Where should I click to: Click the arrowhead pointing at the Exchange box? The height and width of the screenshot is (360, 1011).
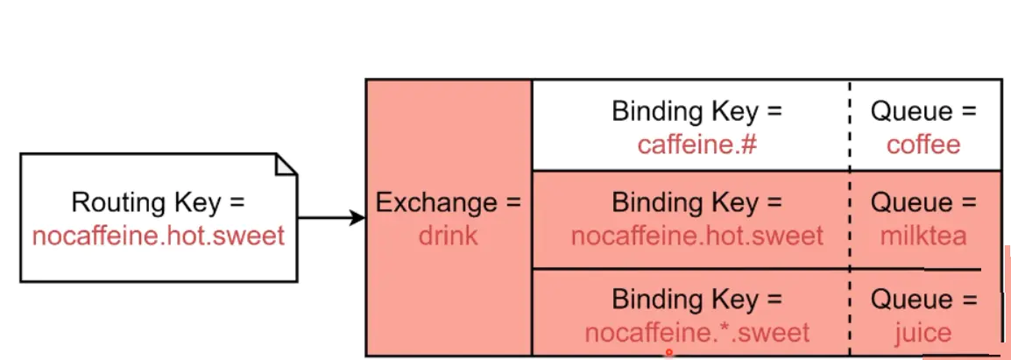357,218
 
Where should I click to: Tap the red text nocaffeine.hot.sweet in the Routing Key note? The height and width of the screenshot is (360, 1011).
159,236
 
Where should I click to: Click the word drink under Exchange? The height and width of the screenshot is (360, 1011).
448,236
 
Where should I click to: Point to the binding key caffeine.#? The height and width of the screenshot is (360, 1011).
696,144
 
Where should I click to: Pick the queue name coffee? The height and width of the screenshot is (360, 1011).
923,144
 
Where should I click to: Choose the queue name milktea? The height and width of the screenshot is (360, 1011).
923,236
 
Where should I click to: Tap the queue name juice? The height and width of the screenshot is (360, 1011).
923,333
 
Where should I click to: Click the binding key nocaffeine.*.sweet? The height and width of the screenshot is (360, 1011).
696,333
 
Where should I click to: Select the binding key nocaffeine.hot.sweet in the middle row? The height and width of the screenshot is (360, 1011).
697,236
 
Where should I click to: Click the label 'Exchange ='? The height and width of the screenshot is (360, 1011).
448,203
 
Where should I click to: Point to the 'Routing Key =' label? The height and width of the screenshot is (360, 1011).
159,203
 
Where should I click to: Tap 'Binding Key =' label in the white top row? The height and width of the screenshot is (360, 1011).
697,111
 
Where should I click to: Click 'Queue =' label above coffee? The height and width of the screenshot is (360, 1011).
923,111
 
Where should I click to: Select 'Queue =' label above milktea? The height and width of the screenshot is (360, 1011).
923,203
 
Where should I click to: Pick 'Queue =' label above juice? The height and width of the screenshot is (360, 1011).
923,300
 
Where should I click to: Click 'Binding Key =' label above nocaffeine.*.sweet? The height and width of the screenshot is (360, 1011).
697,300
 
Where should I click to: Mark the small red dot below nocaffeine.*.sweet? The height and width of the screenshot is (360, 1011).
669,352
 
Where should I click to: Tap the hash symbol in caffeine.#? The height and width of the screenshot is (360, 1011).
748,144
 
